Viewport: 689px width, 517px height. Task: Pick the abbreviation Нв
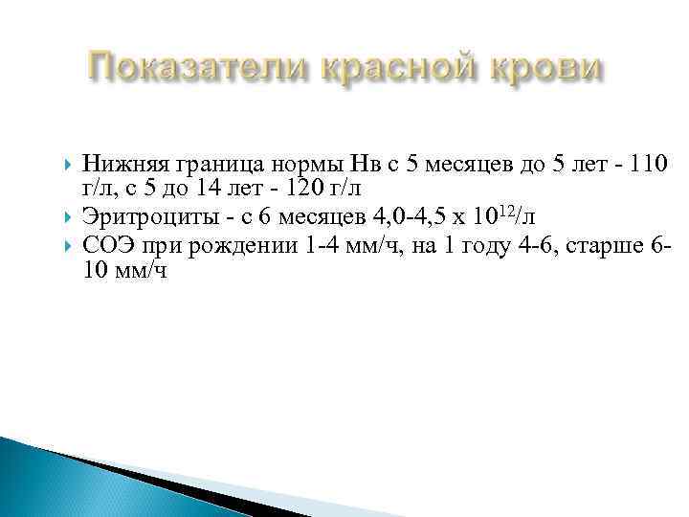367,162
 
